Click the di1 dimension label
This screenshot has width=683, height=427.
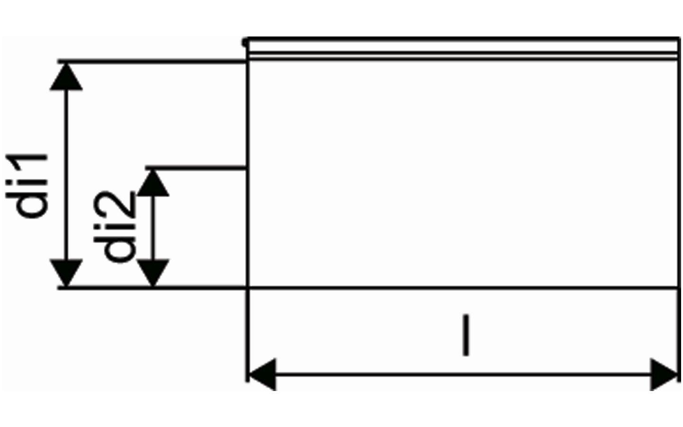tap(27, 186)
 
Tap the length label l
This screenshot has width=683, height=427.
tap(466, 335)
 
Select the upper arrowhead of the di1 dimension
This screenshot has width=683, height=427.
tap(66, 77)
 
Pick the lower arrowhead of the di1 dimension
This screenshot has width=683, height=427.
tap(66, 273)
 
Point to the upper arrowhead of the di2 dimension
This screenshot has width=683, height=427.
tap(153, 183)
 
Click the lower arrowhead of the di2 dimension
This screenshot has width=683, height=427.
tap(153, 273)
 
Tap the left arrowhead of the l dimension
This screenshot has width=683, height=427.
tap(263, 374)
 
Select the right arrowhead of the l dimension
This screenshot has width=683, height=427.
tap(664, 374)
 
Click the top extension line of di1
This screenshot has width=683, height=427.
tap(152, 62)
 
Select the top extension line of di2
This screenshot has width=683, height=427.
tap(196, 168)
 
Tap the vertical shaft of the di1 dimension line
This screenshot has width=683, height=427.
tap(66, 175)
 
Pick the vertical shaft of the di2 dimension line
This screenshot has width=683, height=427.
tap(153, 228)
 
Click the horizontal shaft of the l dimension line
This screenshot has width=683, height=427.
tap(463, 374)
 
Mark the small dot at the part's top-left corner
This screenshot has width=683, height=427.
tap(244, 42)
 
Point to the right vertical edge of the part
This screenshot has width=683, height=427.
tap(679, 210)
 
